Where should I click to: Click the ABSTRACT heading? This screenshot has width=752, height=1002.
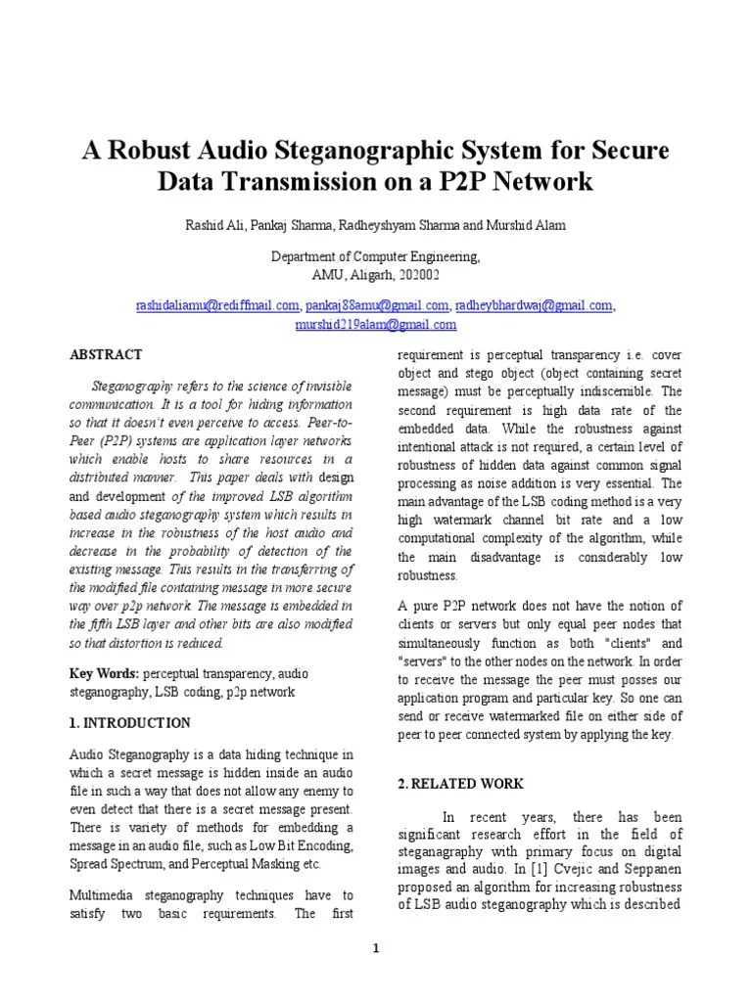tap(106, 354)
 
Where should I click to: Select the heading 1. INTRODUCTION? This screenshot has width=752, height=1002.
tap(129, 723)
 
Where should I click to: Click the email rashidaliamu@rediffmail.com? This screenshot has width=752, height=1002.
tap(216, 306)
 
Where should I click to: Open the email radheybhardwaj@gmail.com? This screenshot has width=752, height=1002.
tap(534, 306)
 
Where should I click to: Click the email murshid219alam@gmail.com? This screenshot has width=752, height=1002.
tap(375, 325)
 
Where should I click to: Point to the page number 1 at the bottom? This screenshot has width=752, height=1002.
tap(376, 947)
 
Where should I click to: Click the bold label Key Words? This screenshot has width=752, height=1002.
tap(105, 674)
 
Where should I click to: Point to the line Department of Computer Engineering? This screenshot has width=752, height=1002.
tap(375, 256)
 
